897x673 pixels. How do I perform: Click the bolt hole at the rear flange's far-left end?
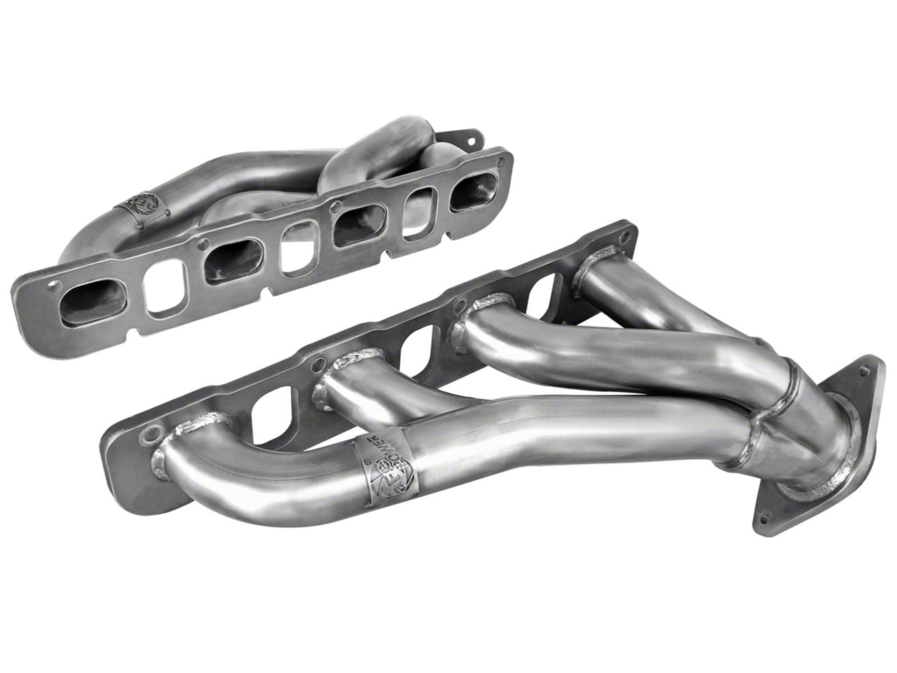tap(55, 287)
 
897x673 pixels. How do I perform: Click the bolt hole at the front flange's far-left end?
tap(148, 435)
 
